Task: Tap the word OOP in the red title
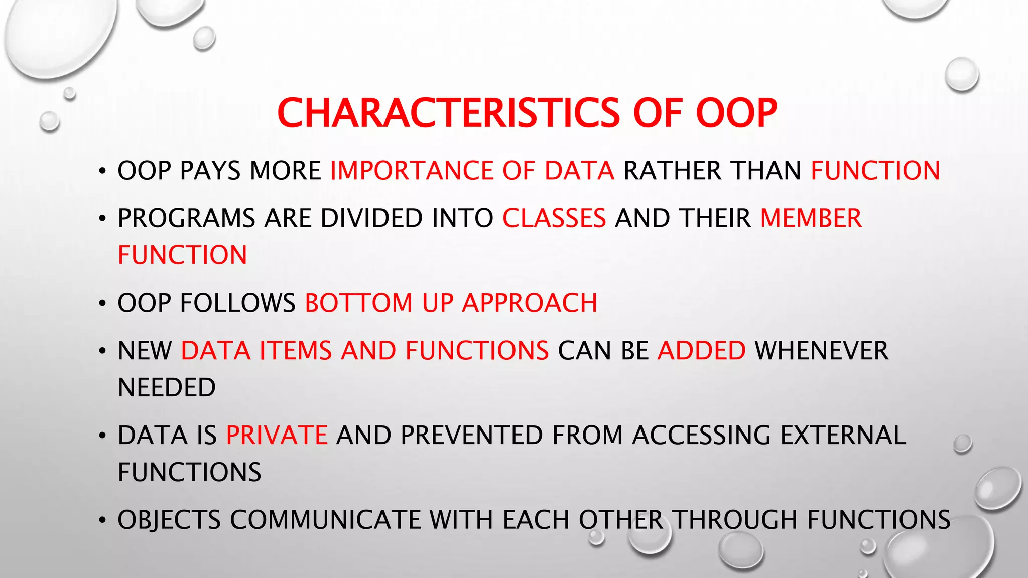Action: pyautogui.click(x=736, y=113)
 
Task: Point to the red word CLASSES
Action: pyautogui.click(x=554, y=218)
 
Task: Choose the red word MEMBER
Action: pyautogui.click(x=811, y=218)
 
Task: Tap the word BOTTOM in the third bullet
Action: pyautogui.click(x=358, y=303)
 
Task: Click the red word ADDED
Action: pyautogui.click(x=701, y=351)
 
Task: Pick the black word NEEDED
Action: pyautogui.click(x=167, y=388)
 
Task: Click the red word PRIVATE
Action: pyautogui.click(x=277, y=435)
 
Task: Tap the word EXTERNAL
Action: pyautogui.click(x=843, y=435)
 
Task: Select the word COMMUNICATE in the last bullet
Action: pyautogui.click(x=325, y=520)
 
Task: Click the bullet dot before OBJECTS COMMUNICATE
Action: pyautogui.click(x=102, y=521)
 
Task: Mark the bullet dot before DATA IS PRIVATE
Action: pyautogui.click(x=102, y=436)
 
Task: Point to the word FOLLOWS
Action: pyautogui.click(x=237, y=303)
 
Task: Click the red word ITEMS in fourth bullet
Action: pyautogui.click(x=295, y=351)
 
